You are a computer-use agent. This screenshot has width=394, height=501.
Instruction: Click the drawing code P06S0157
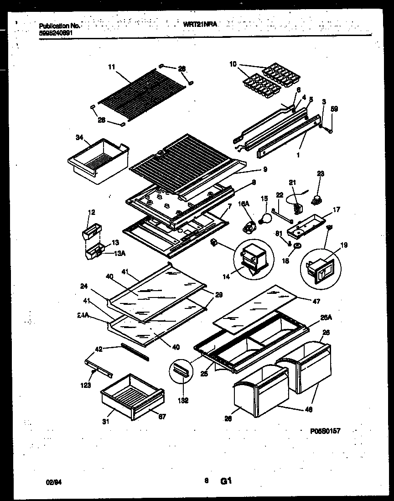tap(324, 430)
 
